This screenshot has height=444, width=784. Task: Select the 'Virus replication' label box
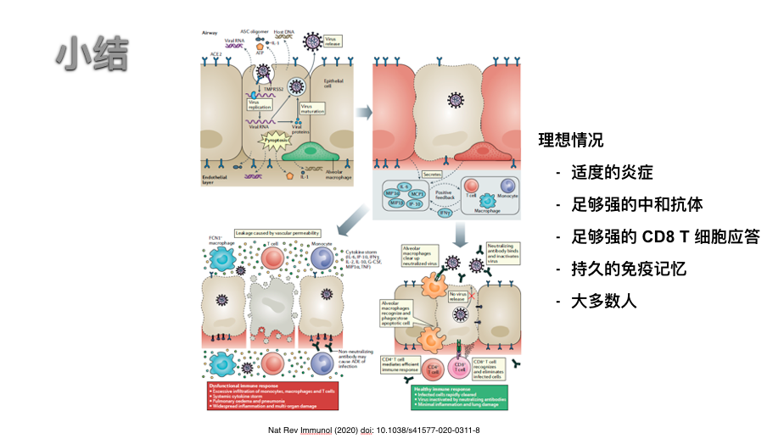tap(259, 105)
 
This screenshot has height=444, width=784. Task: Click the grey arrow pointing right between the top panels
tap(364, 111)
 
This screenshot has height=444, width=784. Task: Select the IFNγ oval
tap(444, 213)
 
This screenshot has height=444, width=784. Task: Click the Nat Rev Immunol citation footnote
tap(372, 430)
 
